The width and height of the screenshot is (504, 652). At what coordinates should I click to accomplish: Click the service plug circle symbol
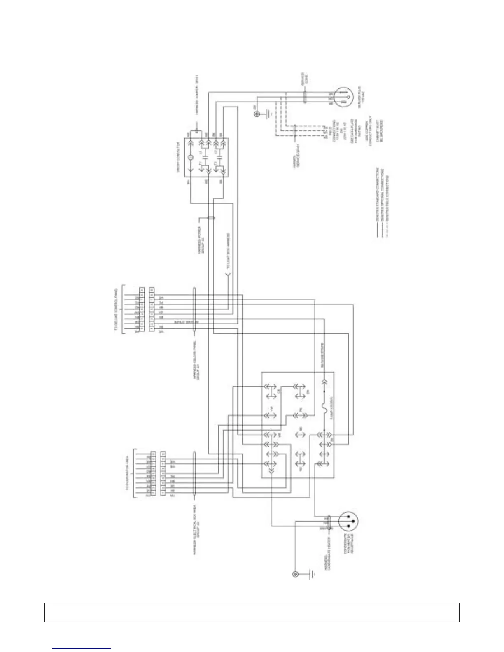click(x=343, y=97)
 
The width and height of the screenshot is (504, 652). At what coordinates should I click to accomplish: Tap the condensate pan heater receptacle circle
click(x=348, y=521)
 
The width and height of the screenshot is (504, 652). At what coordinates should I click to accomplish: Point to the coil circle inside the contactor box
click(x=190, y=157)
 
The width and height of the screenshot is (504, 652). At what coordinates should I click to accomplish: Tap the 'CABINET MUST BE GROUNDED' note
click(x=379, y=131)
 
